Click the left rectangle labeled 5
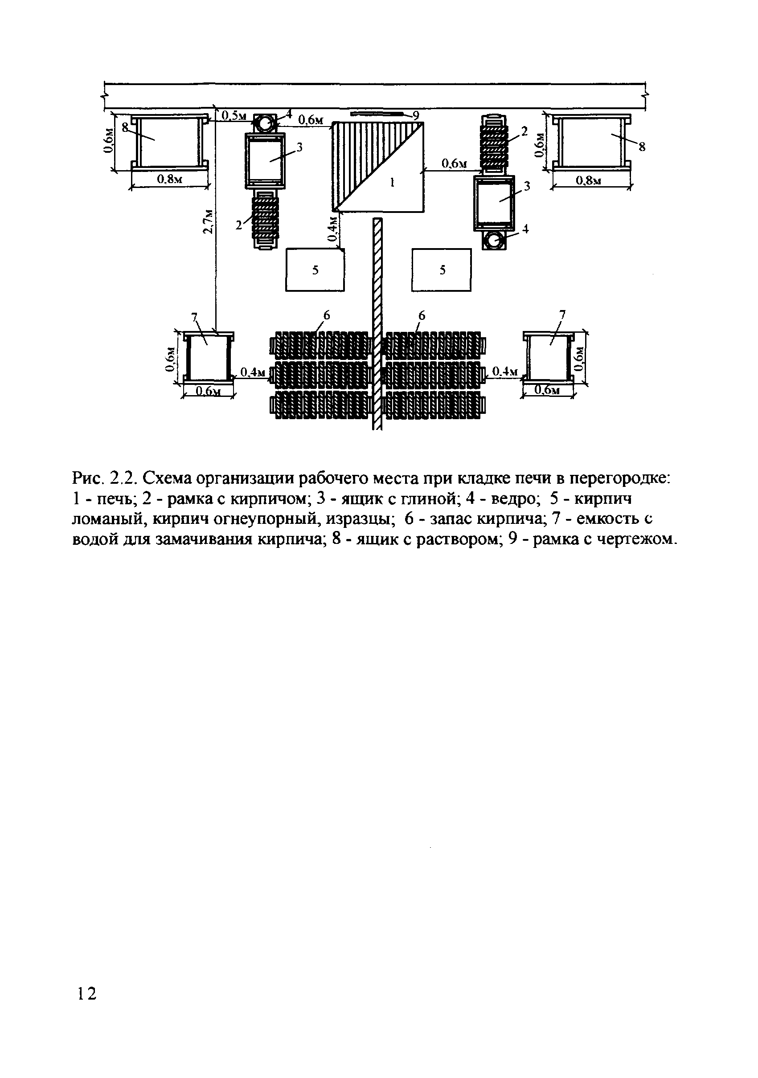coord(315,270)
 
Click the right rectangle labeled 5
coord(442,270)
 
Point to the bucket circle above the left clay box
coord(264,123)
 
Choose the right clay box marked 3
coord(494,203)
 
